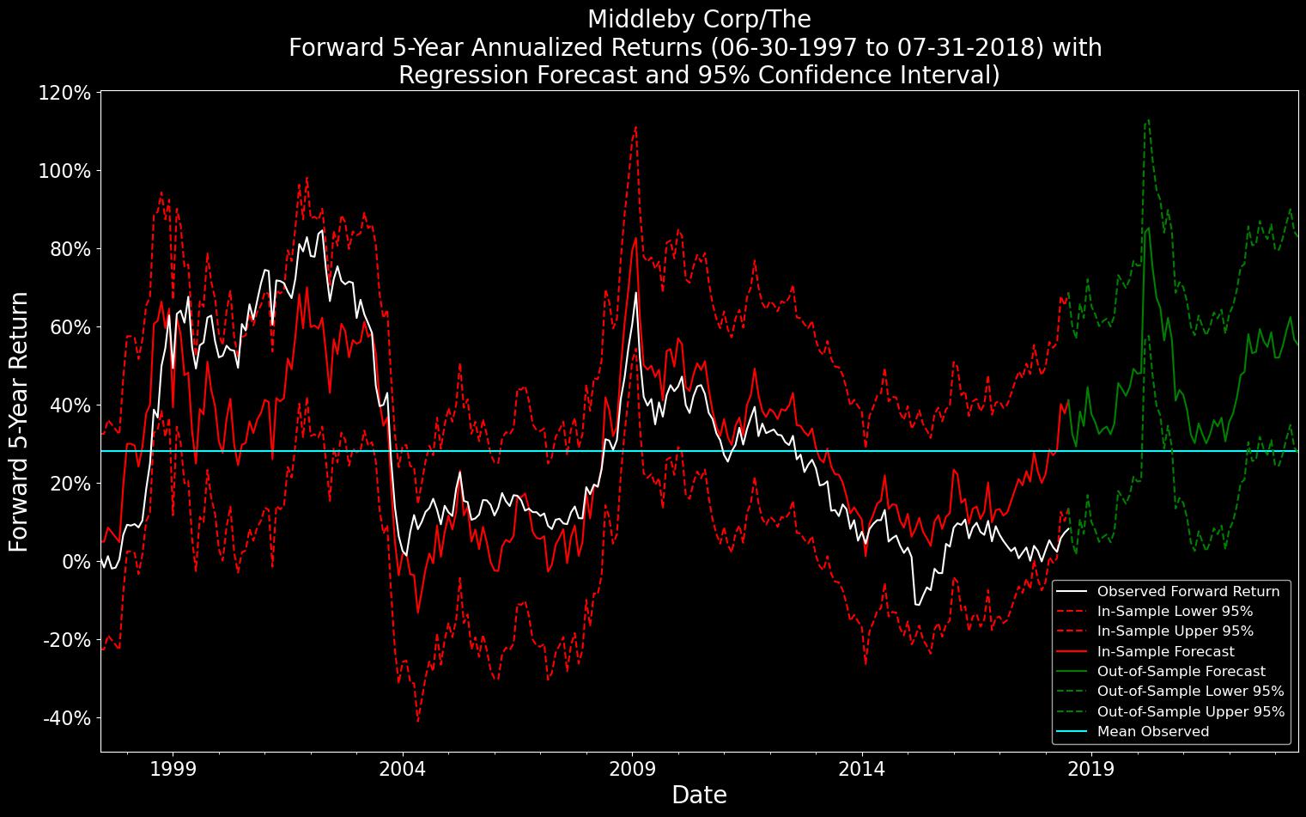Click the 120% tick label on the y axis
pos(65,92)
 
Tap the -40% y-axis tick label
pos(65,717)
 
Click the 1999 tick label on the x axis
pos(173,768)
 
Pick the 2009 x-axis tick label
pos(632,768)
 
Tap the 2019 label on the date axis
pos(1090,768)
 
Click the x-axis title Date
pos(699,796)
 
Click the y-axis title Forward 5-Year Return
pos(19,421)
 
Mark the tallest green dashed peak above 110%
pos(1148,120)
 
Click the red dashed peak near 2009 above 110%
pos(635,127)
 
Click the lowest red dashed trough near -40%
pos(418,720)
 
